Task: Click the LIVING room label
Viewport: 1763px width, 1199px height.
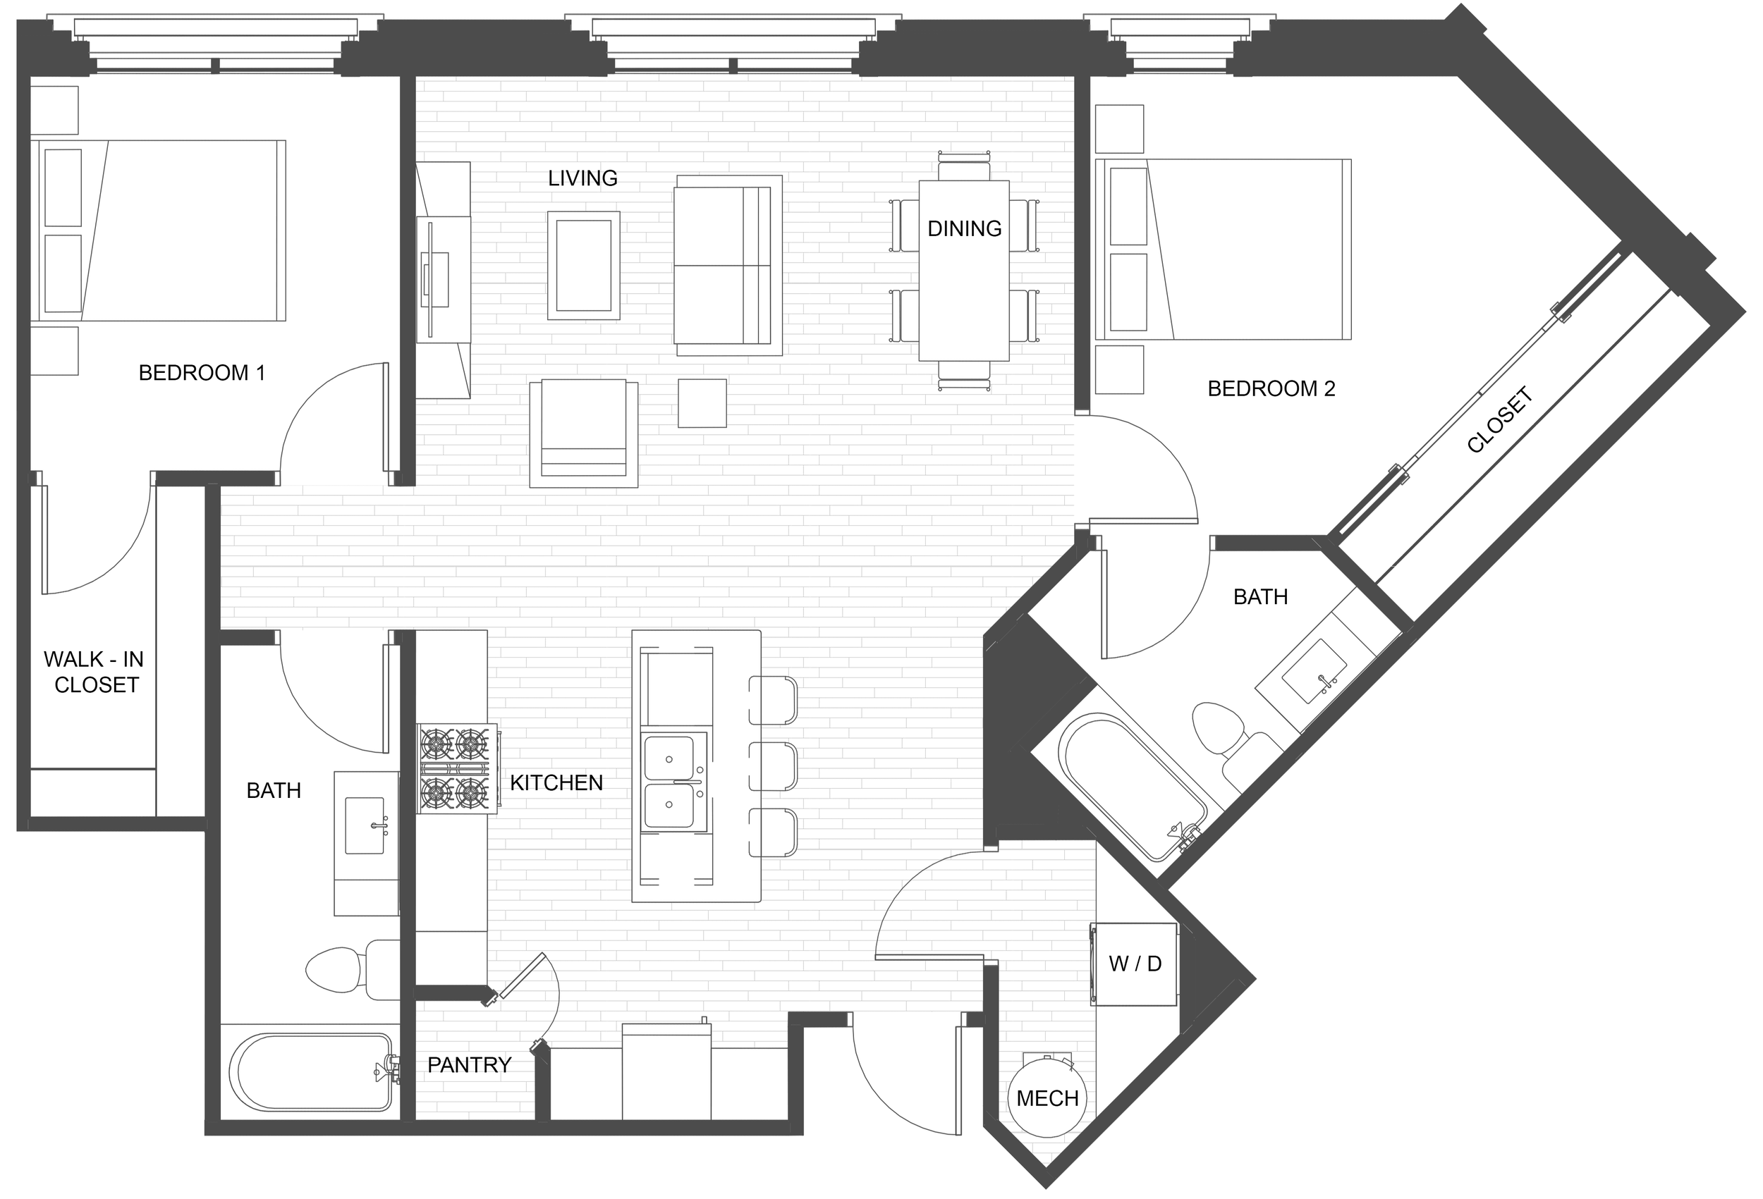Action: tap(582, 178)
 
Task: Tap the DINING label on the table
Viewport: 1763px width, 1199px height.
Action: tap(964, 228)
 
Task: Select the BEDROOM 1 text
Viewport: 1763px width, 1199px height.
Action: tap(202, 372)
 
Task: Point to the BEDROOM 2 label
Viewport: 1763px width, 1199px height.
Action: tap(1271, 388)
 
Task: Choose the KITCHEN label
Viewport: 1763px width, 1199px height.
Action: tap(556, 782)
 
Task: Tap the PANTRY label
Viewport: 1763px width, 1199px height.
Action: tap(469, 1065)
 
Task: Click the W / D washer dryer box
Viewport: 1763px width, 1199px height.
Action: tap(1134, 964)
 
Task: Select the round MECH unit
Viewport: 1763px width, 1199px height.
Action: tap(1048, 1097)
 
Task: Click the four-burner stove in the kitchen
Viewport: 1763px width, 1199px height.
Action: tap(458, 769)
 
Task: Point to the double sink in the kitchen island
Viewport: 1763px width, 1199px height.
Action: tap(674, 781)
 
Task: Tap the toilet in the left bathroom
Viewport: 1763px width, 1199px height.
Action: tap(353, 969)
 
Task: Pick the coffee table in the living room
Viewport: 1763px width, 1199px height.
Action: tap(583, 266)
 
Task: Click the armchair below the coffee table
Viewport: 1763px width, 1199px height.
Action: tap(583, 433)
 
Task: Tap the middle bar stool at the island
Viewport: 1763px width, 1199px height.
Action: tap(773, 767)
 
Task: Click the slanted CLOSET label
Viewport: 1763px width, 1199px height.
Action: tap(1501, 420)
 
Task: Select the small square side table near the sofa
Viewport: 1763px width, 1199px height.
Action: tap(702, 403)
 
